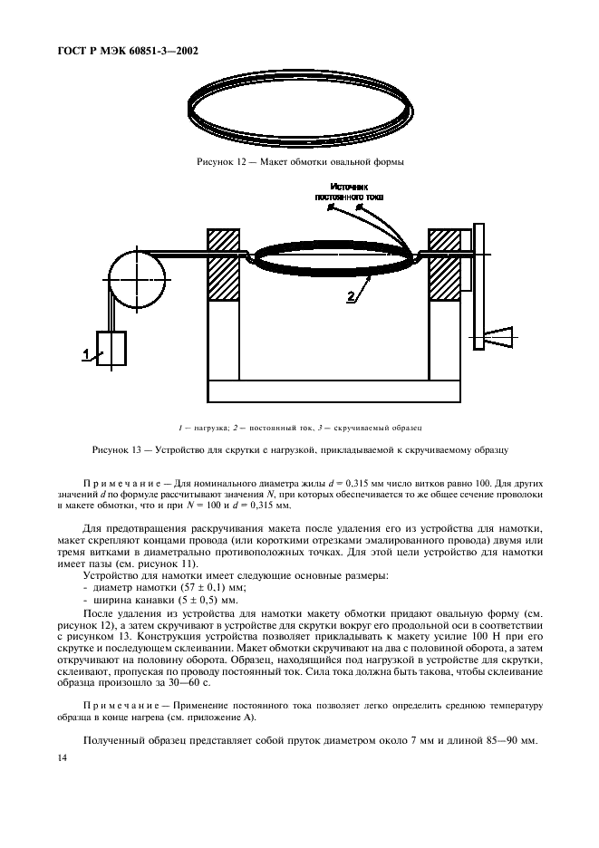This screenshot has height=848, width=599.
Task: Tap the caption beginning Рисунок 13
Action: point(299,449)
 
